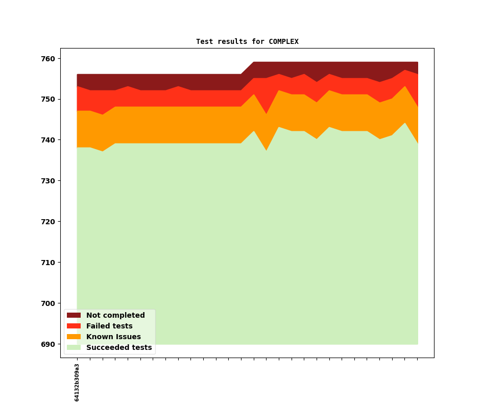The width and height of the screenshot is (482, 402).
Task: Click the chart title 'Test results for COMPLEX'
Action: click(247, 41)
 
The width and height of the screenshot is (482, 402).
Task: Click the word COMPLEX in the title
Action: click(283, 41)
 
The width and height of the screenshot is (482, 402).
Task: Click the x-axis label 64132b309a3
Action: click(77, 382)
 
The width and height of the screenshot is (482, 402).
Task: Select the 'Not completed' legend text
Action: click(115, 315)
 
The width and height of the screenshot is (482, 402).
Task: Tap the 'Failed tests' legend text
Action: click(109, 326)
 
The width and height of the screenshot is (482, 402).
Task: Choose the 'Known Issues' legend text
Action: click(113, 337)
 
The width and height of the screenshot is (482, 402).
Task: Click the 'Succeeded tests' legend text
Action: click(119, 347)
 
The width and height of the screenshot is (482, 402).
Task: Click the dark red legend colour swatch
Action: click(74, 315)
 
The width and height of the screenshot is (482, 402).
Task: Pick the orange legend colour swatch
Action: click(74, 337)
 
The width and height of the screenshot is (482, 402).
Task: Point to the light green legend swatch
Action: click(74, 347)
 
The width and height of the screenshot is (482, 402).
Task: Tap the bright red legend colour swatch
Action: click(74, 326)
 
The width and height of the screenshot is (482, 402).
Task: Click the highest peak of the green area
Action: click(405, 124)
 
